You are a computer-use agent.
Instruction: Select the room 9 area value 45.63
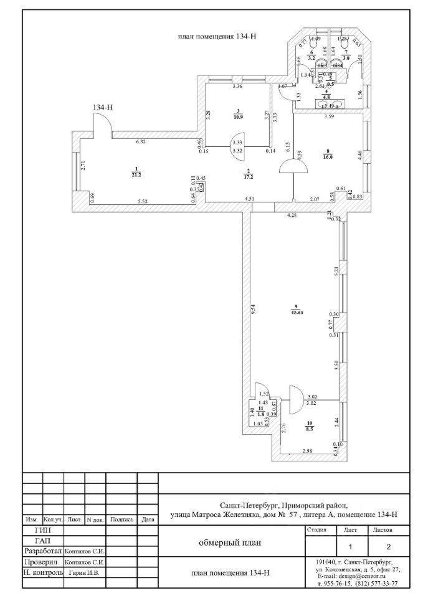[295, 313]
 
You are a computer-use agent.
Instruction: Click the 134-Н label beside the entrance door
[103, 107]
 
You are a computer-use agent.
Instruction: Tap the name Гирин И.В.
[85, 572]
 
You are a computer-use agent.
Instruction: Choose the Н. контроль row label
[43, 572]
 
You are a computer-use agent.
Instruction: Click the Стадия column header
[318, 530]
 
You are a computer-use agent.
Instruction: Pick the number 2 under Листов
[389, 547]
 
